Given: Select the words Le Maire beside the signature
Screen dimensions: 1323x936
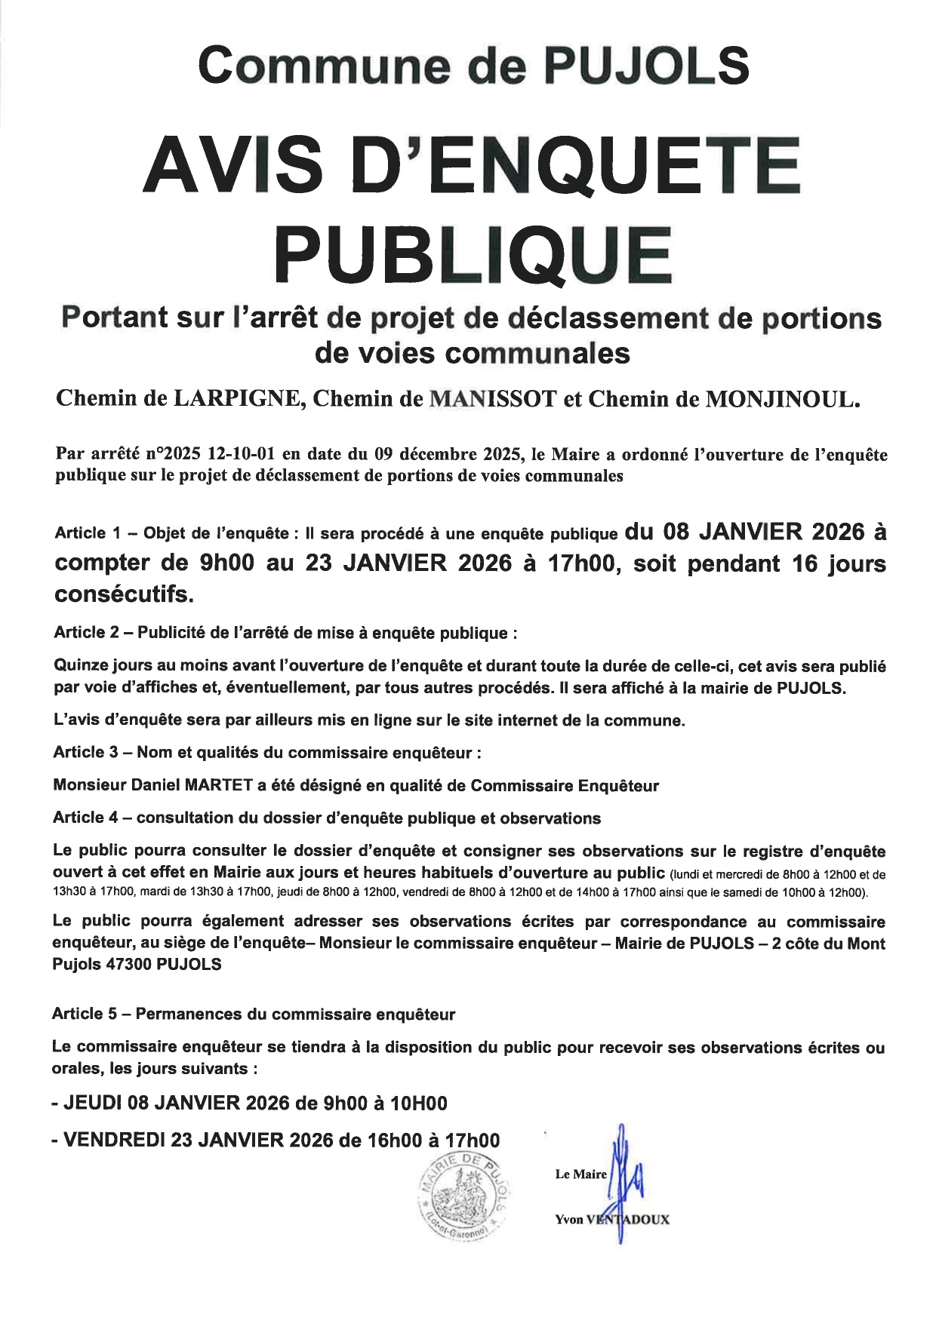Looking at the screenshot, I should click(580, 1174).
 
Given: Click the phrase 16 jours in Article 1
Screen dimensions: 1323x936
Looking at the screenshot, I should click(838, 563).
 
